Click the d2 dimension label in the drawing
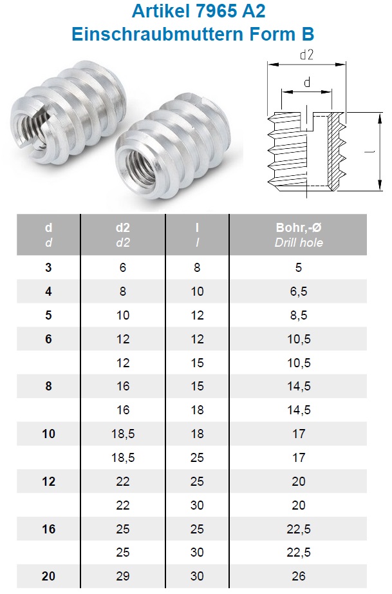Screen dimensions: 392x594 [x=306, y=55]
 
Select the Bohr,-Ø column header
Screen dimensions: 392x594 [x=299, y=227]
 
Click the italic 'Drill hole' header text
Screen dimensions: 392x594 [x=299, y=242]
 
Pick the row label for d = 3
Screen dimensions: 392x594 [x=48, y=267]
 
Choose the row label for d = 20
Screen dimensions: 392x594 [x=48, y=576]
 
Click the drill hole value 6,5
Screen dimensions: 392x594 [x=299, y=291]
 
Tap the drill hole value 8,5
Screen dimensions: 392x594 [x=299, y=315]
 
